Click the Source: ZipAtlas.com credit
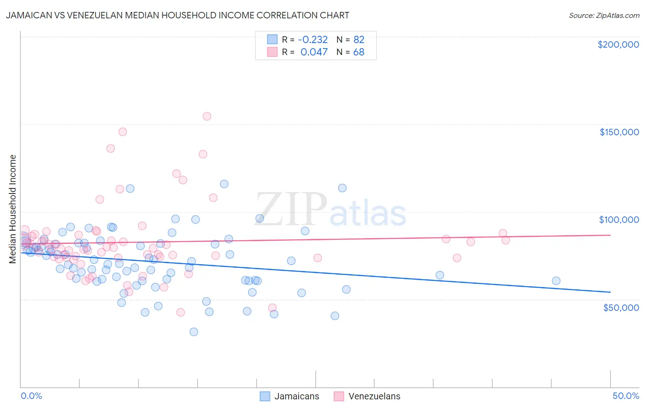[604, 15]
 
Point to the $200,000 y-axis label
[618, 44]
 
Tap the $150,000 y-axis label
[619, 132]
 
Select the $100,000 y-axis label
[619, 220]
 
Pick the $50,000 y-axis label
[621, 307]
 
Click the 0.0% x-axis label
[31, 396]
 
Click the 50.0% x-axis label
[626, 396]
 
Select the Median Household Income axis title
[13, 209]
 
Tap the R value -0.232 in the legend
[313, 39]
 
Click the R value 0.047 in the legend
[314, 52]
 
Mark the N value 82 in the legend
[359, 39]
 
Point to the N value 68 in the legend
[359, 52]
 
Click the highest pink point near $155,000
[207, 116]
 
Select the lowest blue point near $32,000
[194, 332]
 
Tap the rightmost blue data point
[556, 281]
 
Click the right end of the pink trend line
[610, 235]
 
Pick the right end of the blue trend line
[610, 292]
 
